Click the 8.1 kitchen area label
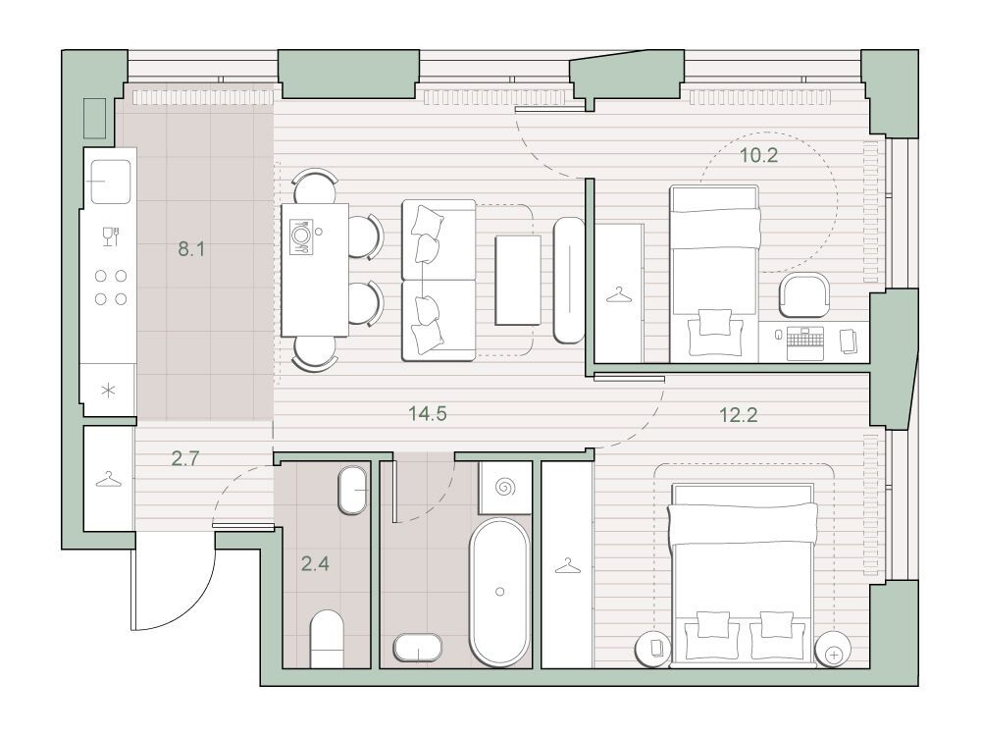(x=191, y=249)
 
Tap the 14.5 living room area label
(x=428, y=413)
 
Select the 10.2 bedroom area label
(x=759, y=155)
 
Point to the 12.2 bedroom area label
(x=739, y=414)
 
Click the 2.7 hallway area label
(x=185, y=458)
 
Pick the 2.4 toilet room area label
(x=315, y=564)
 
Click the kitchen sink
(x=111, y=182)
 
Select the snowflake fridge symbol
(x=109, y=392)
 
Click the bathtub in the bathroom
(x=499, y=592)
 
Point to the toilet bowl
(x=328, y=638)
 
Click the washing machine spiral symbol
(x=505, y=487)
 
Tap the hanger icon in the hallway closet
(x=109, y=481)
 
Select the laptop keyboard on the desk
(x=805, y=343)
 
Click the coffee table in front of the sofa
(x=518, y=280)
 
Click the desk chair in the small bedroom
(x=804, y=295)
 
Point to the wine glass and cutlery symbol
(x=111, y=237)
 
